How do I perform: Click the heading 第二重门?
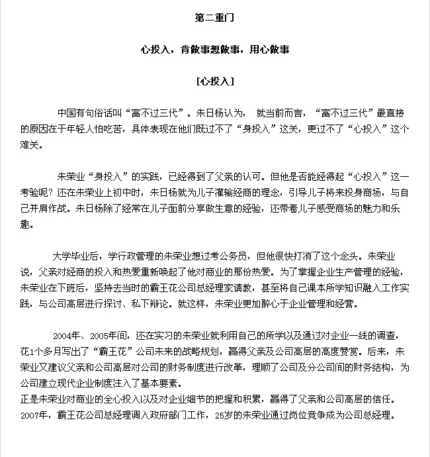(x=214, y=18)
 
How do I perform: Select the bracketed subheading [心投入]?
(x=214, y=82)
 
